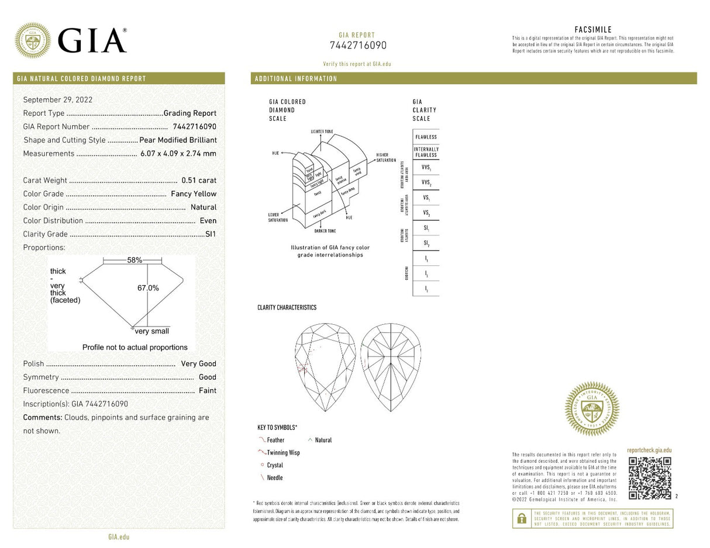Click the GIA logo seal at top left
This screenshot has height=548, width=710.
point(32,40)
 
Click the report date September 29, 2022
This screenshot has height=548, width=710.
point(57,100)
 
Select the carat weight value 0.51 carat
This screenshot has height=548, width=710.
point(199,181)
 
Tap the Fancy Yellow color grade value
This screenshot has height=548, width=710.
point(194,194)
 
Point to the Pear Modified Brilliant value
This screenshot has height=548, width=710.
point(178,140)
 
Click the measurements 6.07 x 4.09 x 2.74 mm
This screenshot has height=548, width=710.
point(178,154)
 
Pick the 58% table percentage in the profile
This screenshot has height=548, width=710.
point(135,260)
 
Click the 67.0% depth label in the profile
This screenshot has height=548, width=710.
point(148,288)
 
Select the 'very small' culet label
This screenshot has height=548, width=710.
point(151,331)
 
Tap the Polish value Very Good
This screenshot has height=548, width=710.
point(198,363)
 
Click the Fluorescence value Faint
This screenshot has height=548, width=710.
point(207,390)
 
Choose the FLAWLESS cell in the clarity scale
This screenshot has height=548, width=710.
point(426,137)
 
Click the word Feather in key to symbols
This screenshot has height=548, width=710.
point(275,440)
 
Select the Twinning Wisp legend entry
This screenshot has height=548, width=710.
point(283,453)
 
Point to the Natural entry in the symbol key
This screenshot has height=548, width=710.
point(323,440)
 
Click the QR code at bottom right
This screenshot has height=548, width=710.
point(649,478)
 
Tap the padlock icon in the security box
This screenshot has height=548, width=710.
point(521,519)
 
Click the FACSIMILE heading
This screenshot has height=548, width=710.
point(593,30)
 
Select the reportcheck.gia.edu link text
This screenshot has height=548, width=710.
point(649,450)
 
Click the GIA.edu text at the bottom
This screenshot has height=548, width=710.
point(119,536)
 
